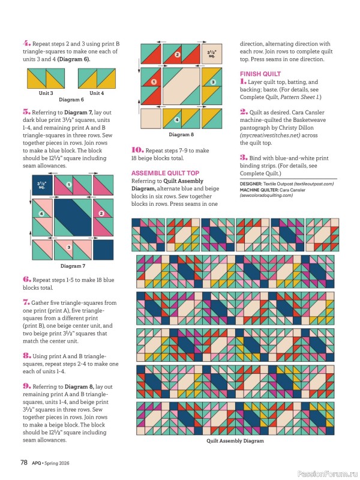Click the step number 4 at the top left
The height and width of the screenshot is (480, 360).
pyautogui.click(x=26, y=44)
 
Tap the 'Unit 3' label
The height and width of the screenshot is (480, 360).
pyautogui.click(x=46, y=93)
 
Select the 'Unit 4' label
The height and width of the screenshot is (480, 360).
pyautogui.click(x=97, y=93)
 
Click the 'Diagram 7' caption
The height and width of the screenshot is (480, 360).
pyautogui.click(x=73, y=266)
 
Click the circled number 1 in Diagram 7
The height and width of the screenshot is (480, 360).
pyautogui.click(x=69, y=185)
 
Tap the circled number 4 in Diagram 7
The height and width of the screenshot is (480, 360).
pyautogui.click(x=42, y=214)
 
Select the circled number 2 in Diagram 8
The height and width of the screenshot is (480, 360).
pyautogui.click(x=177, y=55)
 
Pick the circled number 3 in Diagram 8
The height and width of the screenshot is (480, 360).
pyautogui.click(x=212, y=82)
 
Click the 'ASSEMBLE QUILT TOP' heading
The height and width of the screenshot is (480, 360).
pyautogui.click(x=165, y=173)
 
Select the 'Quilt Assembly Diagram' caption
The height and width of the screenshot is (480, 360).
pyautogui.click(x=235, y=440)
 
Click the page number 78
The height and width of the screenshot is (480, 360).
pyautogui.click(x=25, y=462)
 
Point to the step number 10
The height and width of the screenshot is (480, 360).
pyautogui.click(x=136, y=151)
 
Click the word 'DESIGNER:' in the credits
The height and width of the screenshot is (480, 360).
pyautogui.click(x=251, y=184)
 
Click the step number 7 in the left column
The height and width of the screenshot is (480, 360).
pyautogui.click(x=26, y=304)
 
